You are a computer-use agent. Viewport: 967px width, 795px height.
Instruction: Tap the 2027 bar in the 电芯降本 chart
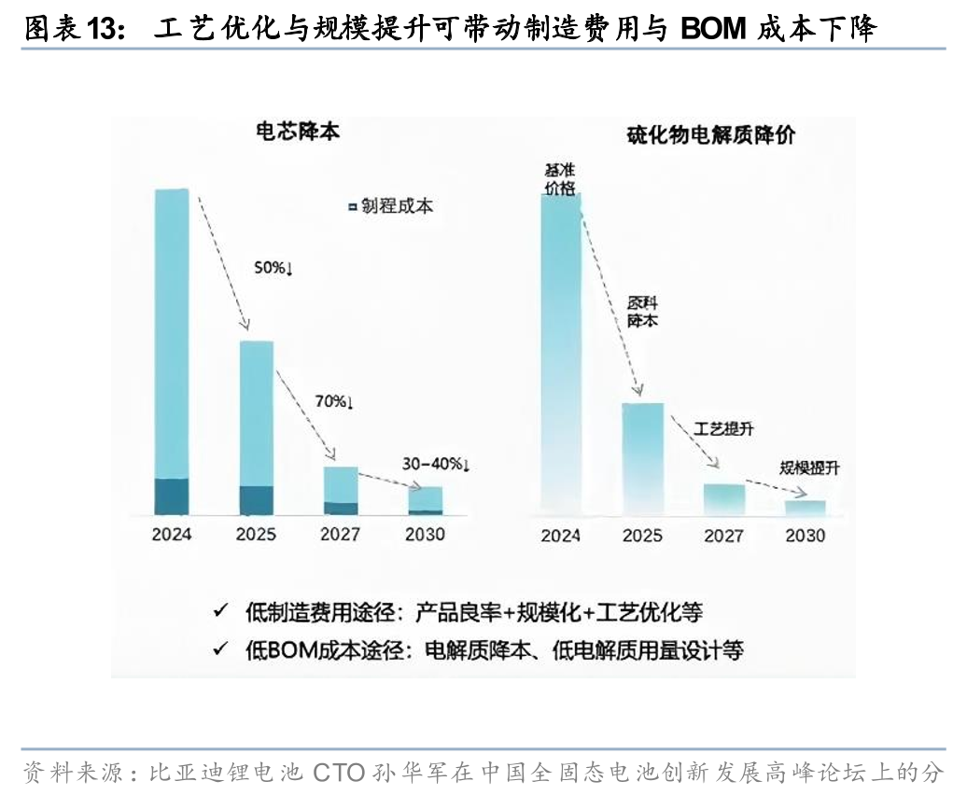(341, 490)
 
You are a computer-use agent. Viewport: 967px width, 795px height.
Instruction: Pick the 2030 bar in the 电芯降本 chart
(425, 500)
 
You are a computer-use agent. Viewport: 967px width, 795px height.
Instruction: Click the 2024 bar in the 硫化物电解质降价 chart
(560, 355)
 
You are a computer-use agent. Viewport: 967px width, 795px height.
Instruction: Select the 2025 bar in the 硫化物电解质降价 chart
(642, 458)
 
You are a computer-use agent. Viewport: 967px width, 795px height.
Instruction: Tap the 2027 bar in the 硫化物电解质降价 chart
(724, 499)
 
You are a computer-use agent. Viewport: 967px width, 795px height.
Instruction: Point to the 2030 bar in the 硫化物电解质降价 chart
(806, 508)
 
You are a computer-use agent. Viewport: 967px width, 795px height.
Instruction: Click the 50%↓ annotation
(274, 269)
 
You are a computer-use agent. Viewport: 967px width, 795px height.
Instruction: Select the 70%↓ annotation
(333, 402)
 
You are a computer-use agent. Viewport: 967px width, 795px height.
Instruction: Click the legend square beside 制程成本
(352, 206)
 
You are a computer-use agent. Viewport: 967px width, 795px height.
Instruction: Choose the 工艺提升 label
(723, 429)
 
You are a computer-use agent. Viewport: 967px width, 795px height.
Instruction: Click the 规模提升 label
(809, 468)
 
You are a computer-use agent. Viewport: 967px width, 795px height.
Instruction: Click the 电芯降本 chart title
(298, 132)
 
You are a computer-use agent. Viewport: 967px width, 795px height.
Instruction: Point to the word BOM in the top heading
(714, 30)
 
